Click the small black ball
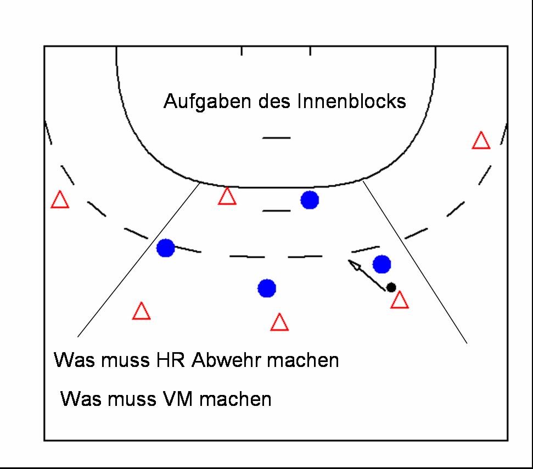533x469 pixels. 391,287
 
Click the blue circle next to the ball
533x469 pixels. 381,264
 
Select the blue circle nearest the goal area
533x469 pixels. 310,200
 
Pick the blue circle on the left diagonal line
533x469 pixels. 165,248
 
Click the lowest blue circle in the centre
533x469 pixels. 267,287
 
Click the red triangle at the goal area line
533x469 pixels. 227,197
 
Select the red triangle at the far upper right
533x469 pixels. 481,141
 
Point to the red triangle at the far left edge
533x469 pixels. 60,200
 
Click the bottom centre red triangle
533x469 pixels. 279,323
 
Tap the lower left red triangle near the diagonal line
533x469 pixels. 142,312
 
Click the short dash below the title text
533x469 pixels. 276,137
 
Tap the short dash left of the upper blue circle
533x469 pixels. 276,210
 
